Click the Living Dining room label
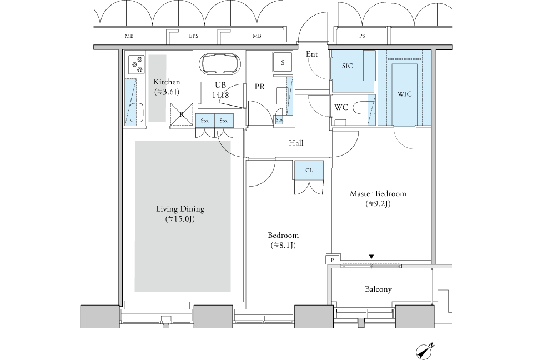point(180,209)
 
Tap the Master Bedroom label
point(378,194)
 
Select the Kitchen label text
point(167,82)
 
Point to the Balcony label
point(379,289)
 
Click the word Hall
point(296,143)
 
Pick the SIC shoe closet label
point(348,66)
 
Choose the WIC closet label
point(405,94)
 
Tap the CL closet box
point(309,171)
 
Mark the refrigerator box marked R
point(182,114)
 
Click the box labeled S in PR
point(283,63)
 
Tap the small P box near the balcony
point(331,259)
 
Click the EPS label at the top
point(193,37)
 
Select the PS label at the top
point(362,37)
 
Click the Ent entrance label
point(311,54)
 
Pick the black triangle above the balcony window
point(371,257)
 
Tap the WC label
point(341,107)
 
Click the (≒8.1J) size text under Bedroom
point(283,245)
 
